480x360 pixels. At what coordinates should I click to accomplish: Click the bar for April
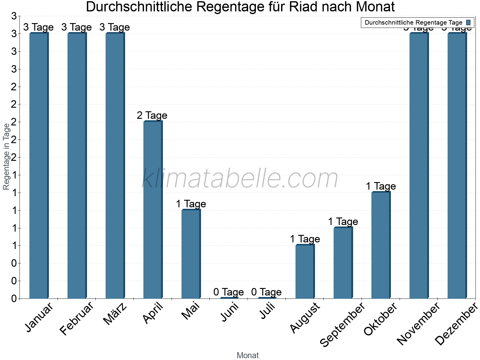(x=153, y=210)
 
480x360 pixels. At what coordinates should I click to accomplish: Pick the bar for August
(x=305, y=271)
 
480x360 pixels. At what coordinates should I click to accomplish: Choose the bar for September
(x=343, y=263)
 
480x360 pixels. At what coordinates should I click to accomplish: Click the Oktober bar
(x=381, y=245)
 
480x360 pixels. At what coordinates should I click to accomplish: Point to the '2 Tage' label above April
(x=152, y=115)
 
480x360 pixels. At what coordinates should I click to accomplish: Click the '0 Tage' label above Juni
(x=229, y=292)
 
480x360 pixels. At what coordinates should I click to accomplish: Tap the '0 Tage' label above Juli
(x=266, y=292)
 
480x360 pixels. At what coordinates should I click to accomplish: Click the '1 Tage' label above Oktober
(x=381, y=186)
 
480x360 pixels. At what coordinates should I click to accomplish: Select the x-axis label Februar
(x=77, y=319)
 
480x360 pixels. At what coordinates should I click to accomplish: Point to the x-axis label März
(x=115, y=314)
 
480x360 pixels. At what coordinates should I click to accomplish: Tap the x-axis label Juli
(x=267, y=311)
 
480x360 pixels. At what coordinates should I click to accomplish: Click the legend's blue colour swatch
(x=468, y=22)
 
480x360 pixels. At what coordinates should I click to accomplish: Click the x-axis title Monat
(x=247, y=355)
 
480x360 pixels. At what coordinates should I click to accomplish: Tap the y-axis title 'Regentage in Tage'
(x=6, y=157)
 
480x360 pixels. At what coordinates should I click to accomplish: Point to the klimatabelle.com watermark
(x=240, y=178)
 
